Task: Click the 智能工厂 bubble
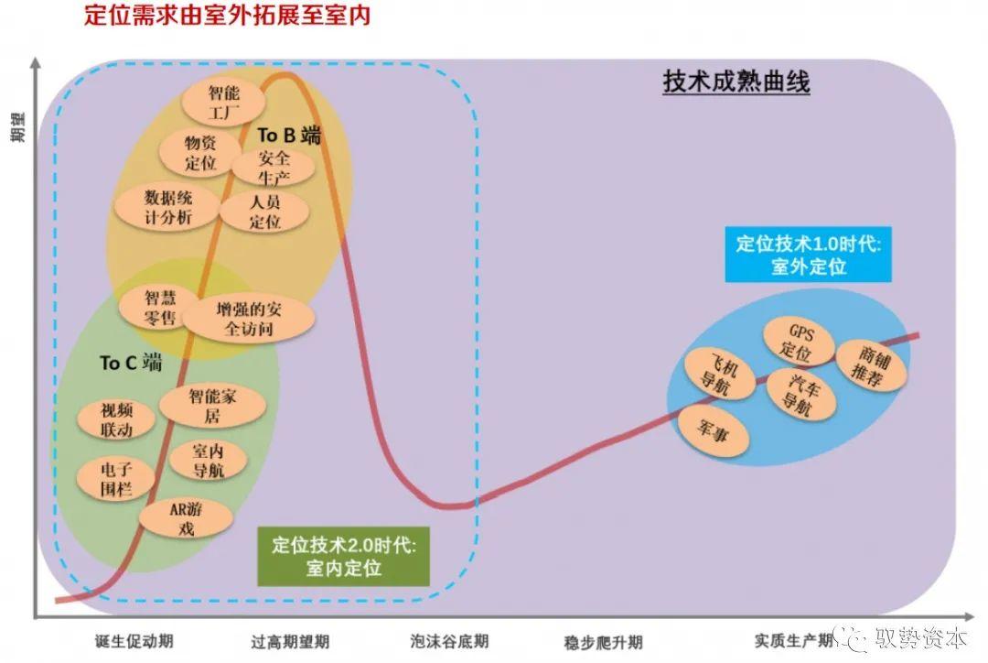[223, 102]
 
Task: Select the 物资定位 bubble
[199, 152]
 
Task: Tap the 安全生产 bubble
[273, 168]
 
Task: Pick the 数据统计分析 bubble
[167, 208]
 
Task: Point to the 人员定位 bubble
[264, 212]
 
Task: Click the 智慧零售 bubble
[159, 307]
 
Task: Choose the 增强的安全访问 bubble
[249, 319]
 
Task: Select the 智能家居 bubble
[211, 406]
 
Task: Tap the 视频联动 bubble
[116, 420]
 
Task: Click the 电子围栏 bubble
[115, 479]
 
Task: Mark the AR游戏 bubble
[186, 518]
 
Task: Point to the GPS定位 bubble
[799, 342]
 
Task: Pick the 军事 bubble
[712, 433]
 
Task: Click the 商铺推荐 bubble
[872, 366]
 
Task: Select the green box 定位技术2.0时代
[343, 557]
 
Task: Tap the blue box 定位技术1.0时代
[809, 255]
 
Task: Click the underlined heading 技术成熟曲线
[736, 82]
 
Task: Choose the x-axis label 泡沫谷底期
[449, 642]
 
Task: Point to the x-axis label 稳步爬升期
[604, 642]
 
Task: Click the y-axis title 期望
[18, 127]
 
